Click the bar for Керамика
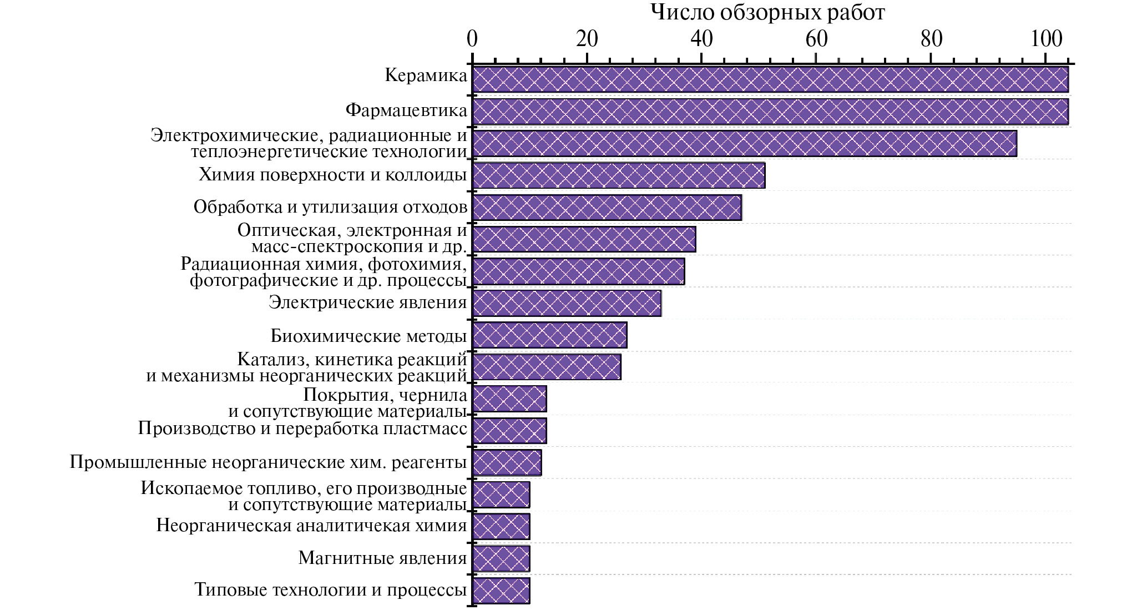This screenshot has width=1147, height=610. tap(770, 79)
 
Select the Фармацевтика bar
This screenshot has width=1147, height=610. tap(770, 112)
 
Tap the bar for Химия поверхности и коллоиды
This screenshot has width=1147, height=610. tap(618, 175)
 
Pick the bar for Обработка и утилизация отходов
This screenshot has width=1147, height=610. tap(607, 208)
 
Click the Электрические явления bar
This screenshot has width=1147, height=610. tap(567, 303)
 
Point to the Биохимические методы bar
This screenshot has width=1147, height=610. tap(549, 335)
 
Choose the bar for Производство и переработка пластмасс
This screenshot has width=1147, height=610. tap(509, 431)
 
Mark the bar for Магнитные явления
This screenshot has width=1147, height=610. tap(501, 558)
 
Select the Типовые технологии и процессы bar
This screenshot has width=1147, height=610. tap(501, 591)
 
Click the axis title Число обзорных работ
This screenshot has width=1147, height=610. tap(768, 12)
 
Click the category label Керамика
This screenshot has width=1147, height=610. tap(426, 75)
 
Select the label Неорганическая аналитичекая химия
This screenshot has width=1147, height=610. tap(311, 525)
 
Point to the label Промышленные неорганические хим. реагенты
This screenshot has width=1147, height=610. tap(268, 462)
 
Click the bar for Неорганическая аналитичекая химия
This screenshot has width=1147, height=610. tap(501, 527)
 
